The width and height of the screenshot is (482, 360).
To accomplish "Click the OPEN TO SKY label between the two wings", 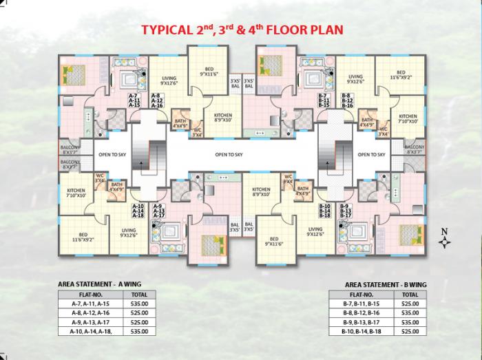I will pyautogui.click(x=230, y=155).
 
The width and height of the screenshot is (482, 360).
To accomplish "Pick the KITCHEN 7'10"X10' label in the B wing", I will pyautogui.click(x=408, y=119).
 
